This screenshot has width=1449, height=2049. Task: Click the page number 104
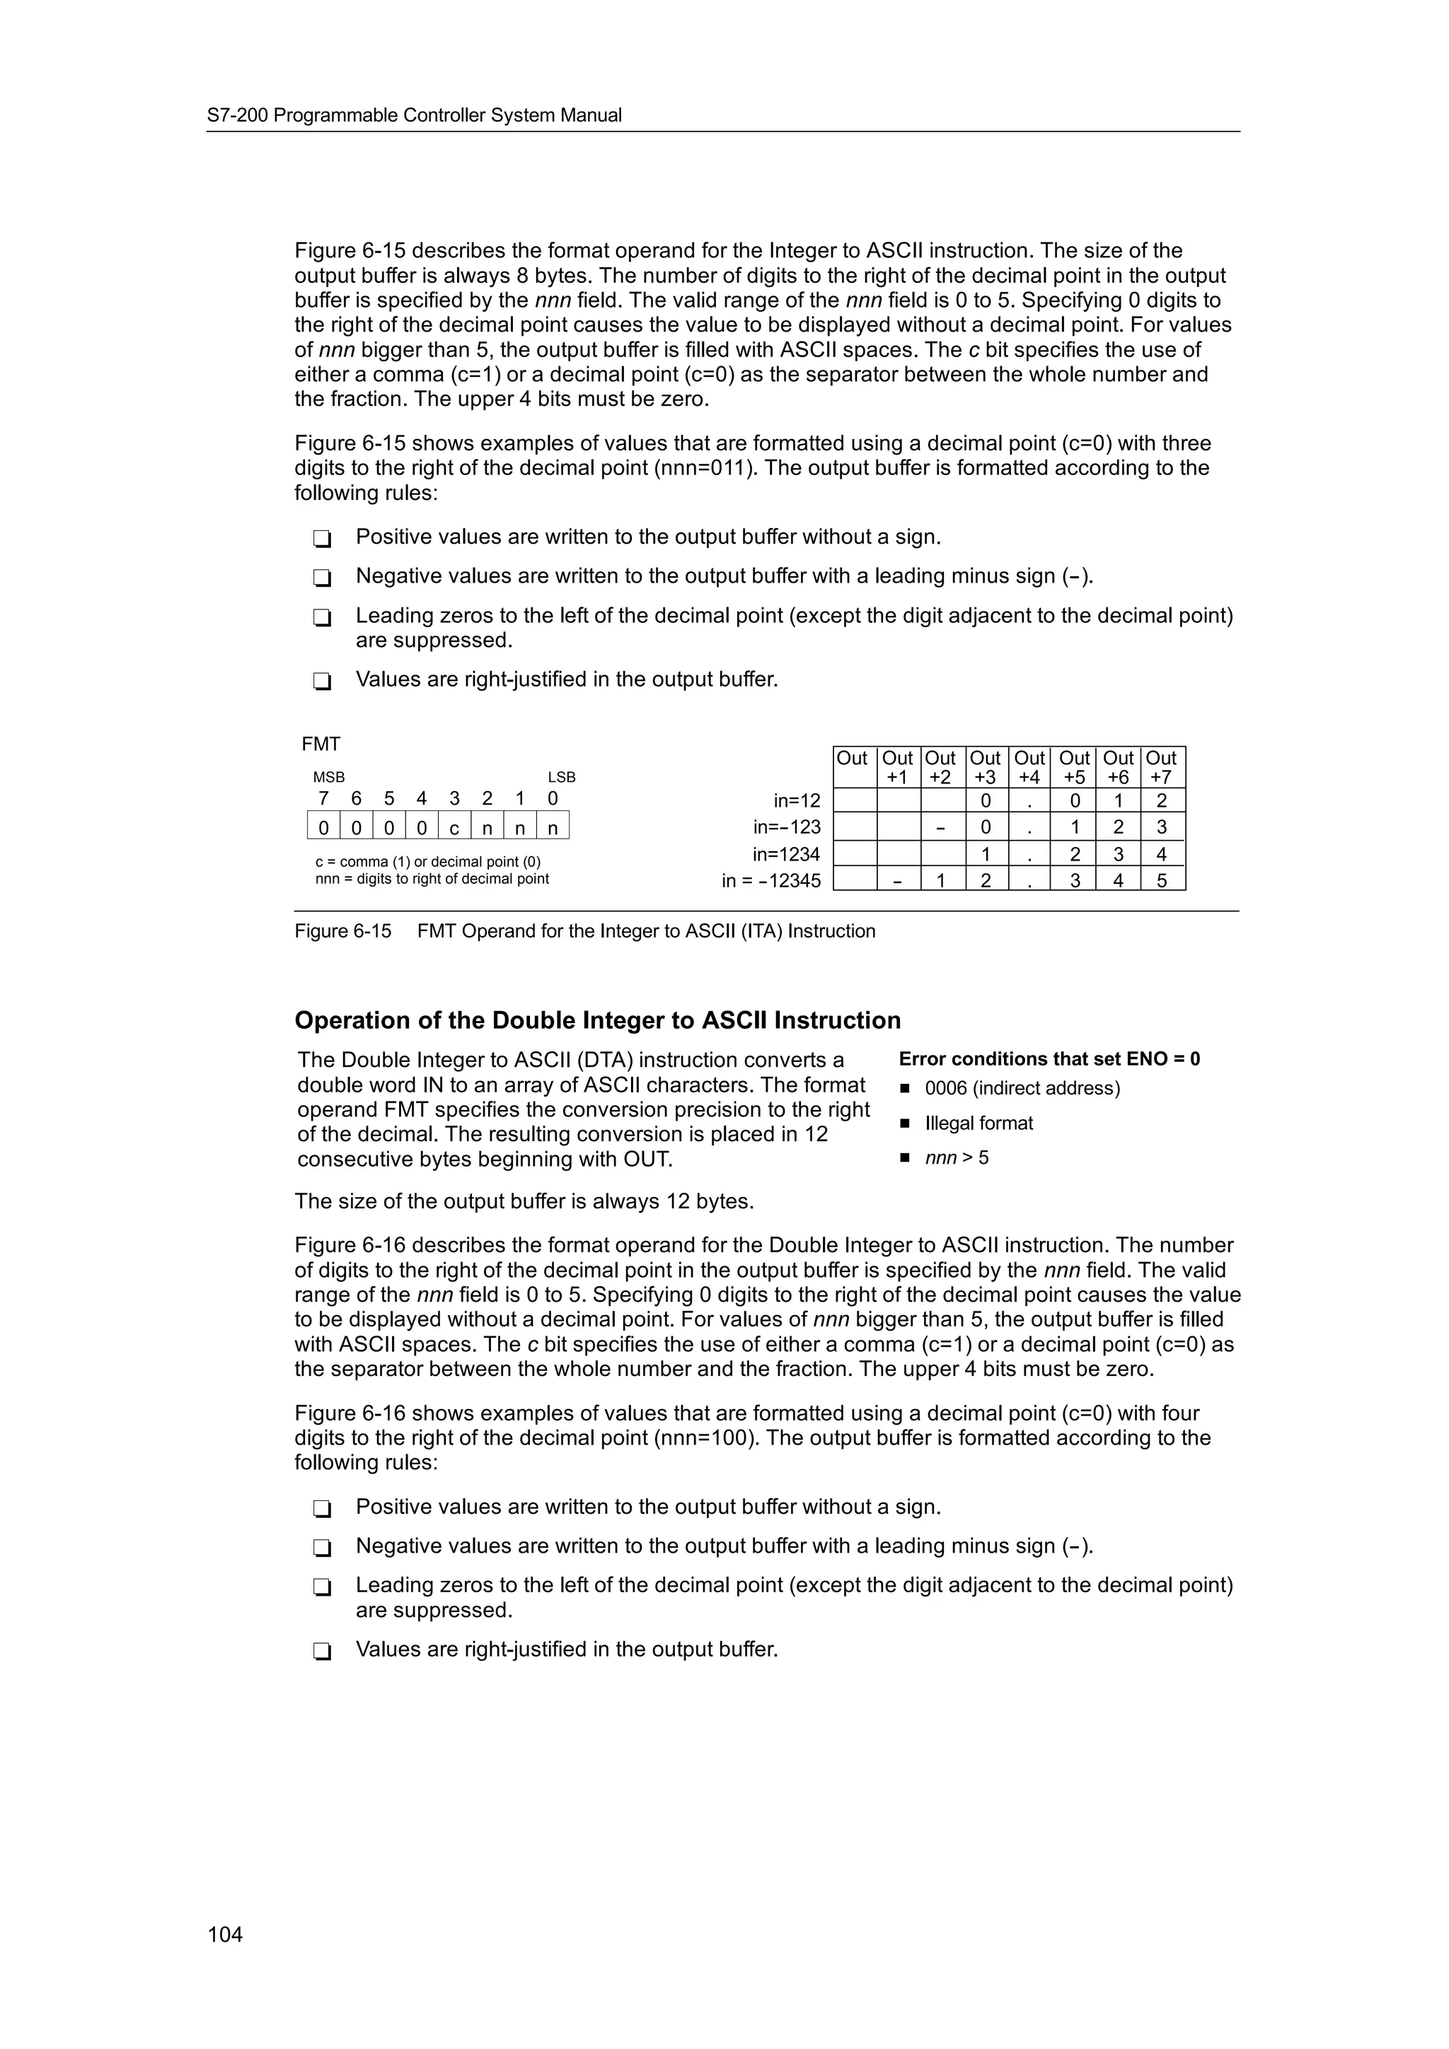pos(225,1934)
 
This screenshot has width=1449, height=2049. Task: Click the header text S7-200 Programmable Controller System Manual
pos(415,115)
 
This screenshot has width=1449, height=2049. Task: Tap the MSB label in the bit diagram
pos(328,777)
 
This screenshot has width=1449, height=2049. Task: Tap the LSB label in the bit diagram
pos(562,777)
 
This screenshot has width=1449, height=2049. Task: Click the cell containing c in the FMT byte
pos(454,828)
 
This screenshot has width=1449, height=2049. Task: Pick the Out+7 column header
pos(1162,767)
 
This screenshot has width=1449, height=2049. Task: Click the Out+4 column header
pos(1029,767)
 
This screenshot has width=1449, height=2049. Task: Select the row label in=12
pos(797,800)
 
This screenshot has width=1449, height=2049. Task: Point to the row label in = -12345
pos(770,881)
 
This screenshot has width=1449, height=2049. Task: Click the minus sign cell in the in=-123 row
pos(940,827)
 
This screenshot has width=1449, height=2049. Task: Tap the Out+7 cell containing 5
pos(1162,881)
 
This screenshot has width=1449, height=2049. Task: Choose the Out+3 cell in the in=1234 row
pos(985,854)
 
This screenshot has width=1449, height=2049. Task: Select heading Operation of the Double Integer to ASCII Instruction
pos(597,1020)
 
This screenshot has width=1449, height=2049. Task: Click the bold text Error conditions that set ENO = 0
pos(1049,1058)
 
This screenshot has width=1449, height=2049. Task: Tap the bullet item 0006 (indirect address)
pos(1022,1088)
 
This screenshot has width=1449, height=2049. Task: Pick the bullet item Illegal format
pos(978,1123)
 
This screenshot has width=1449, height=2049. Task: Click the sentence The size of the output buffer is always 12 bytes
pos(524,1201)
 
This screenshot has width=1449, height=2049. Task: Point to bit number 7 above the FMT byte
pos(323,799)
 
